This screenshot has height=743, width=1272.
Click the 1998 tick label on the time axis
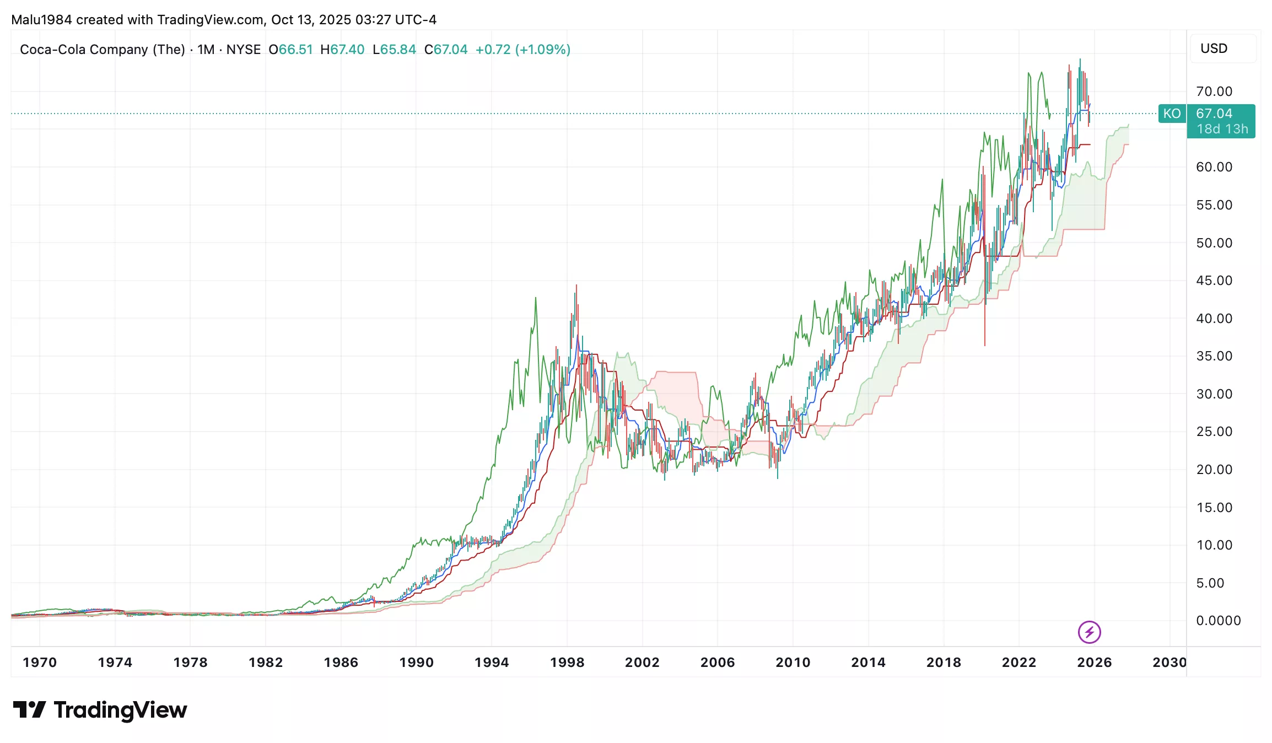(x=567, y=662)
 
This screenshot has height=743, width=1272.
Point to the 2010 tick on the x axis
(x=793, y=662)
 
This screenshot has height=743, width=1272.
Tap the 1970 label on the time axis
(x=40, y=662)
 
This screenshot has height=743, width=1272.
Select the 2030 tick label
(x=1169, y=662)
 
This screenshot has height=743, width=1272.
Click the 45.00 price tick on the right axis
(x=1214, y=281)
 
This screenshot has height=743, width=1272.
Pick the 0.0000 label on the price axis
(x=1218, y=621)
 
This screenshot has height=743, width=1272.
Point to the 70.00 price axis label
(x=1214, y=91)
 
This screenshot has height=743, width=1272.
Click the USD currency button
(x=1214, y=49)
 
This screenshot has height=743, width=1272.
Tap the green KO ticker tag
(x=1172, y=114)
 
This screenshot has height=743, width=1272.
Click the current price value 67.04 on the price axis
(x=1214, y=114)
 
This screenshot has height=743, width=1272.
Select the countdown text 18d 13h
(x=1222, y=129)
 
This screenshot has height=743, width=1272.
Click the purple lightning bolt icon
(x=1089, y=632)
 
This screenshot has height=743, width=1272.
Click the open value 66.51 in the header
(x=295, y=50)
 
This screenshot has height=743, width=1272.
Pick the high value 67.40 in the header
(x=347, y=50)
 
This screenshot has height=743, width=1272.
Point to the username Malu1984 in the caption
(x=41, y=20)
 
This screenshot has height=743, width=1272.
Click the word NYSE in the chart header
(x=243, y=50)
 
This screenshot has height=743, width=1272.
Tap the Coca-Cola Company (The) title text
(x=103, y=50)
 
